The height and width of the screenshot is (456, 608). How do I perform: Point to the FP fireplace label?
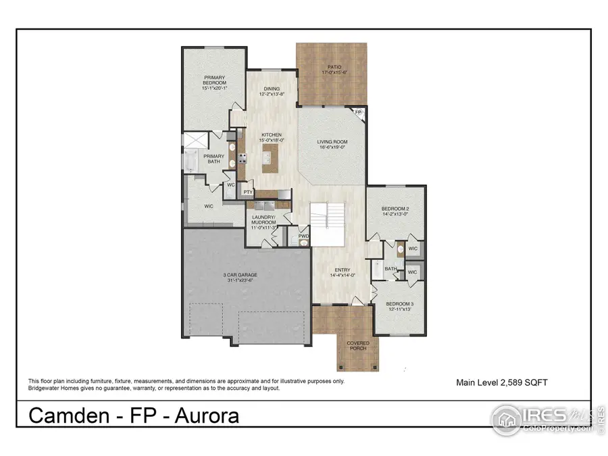point(359,113)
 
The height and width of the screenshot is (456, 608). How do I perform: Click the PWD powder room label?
point(303,236)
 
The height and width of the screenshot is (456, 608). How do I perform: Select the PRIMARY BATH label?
point(213,158)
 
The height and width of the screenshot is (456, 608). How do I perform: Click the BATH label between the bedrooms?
point(390,268)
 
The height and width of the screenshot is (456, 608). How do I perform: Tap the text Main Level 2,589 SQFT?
point(502,382)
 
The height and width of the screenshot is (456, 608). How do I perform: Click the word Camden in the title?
point(68,415)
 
